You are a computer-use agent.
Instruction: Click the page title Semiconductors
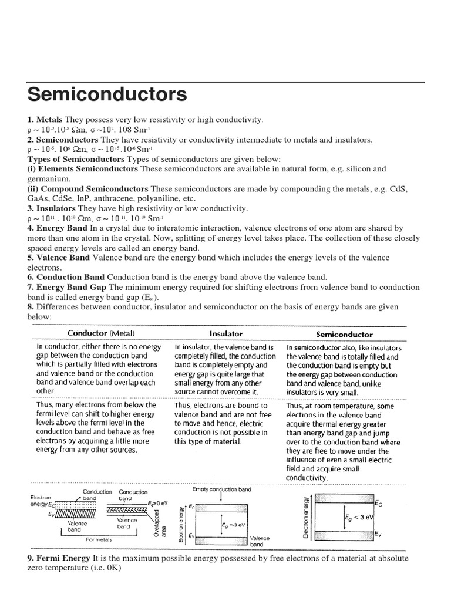[107, 94]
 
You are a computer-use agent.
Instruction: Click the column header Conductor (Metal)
[101, 333]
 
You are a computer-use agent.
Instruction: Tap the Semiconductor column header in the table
[344, 334]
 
